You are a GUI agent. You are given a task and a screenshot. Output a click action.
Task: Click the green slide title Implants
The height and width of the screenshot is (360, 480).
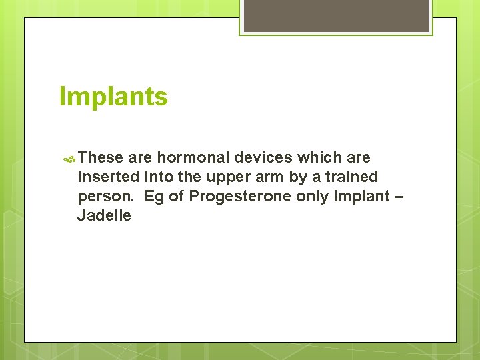tap(113, 97)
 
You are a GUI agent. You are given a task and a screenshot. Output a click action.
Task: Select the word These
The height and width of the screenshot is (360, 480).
tap(101, 158)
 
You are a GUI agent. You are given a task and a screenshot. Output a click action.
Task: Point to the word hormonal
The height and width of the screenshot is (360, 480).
tap(191, 158)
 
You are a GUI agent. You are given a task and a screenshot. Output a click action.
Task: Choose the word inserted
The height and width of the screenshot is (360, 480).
tap(109, 177)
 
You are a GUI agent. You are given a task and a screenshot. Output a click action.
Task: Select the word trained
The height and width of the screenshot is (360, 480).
tap(351, 177)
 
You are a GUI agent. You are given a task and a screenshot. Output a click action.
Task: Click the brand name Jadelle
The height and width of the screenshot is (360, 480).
tap(104, 216)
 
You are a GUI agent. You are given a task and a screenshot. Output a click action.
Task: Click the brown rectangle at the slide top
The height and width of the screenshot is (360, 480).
tap(336, 15)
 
